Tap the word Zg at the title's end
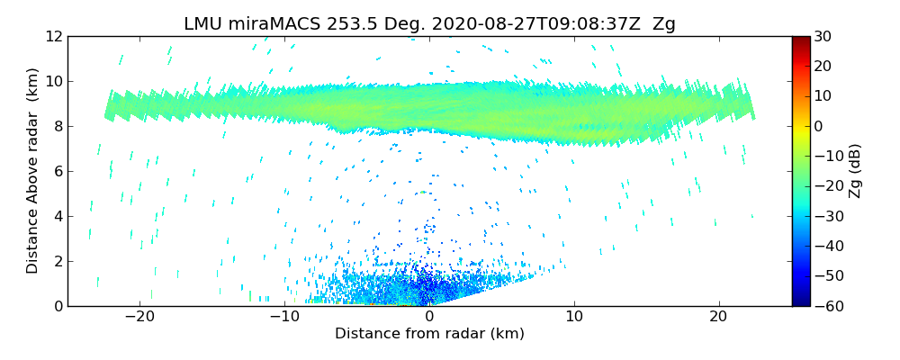point(664,24)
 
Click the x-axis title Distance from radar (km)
point(429,334)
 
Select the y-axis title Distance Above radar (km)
point(33,171)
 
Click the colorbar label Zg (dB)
point(855,171)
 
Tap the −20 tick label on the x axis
point(139,317)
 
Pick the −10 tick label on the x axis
point(284,317)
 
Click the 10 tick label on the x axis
point(574,317)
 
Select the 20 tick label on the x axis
point(718,317)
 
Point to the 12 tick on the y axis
point(53,36)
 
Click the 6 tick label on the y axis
point(57,171)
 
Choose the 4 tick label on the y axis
point(57,216)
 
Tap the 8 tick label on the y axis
point(57,126)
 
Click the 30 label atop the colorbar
point(823,36)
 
